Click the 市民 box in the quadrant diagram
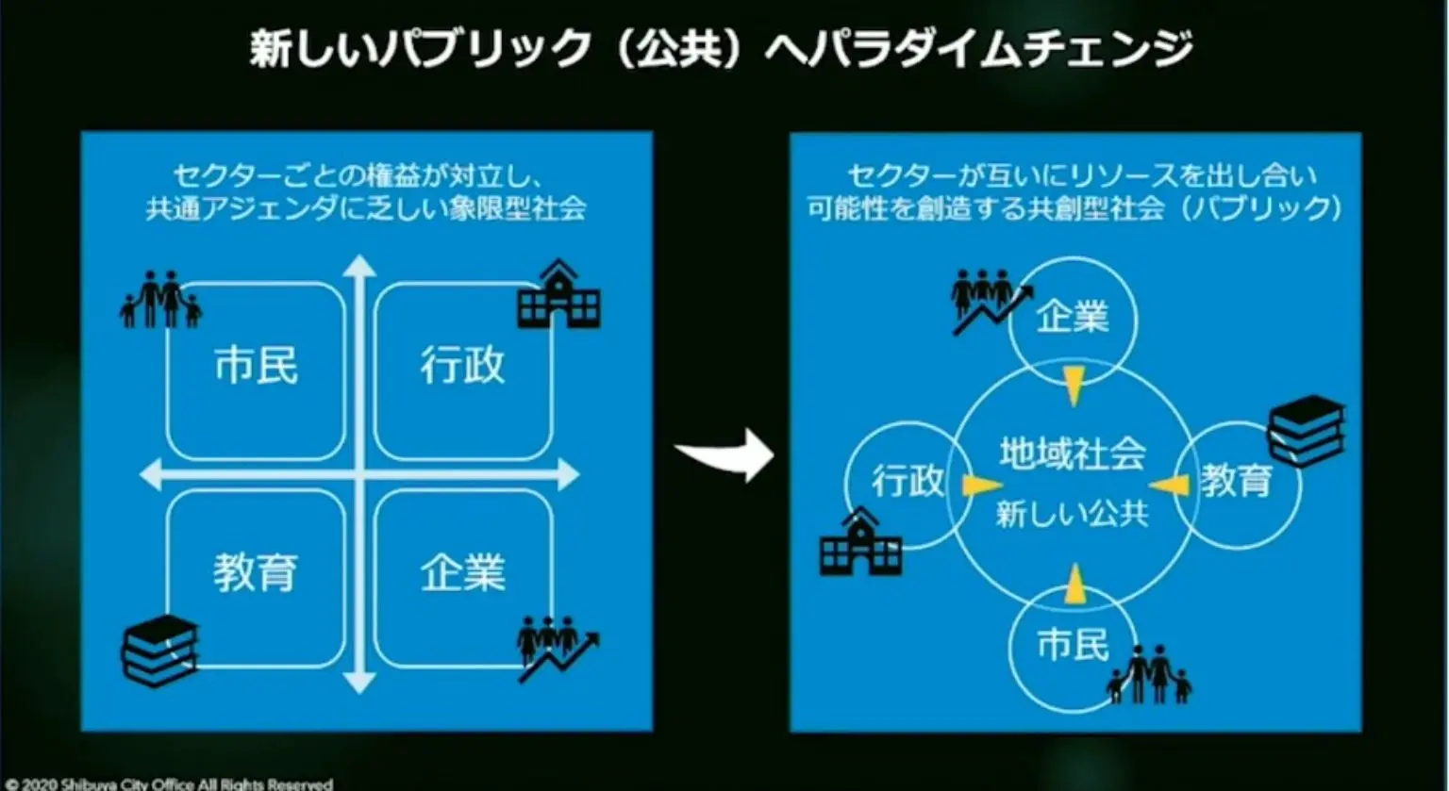pyautogui.click(x=256, y=369)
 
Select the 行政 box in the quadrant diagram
pyautogui.click(x=462, y=369)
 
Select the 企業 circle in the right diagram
pyautogui.click(x=1073, y=319)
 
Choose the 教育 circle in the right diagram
pyautogui.click(x=1238, y=483)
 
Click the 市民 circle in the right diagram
pyautogui.click(x=1073, y=647)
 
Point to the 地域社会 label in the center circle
pyautogui.click(x=1073, y=455)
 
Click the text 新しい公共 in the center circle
pyautogui.click(x=1073, y=515)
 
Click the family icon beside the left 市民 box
pyautogui.click(x=160, y=299)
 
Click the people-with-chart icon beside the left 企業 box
pyautogui.click(x=557, y=648)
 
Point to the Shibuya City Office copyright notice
pyautogui.click(x=170, y=783)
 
